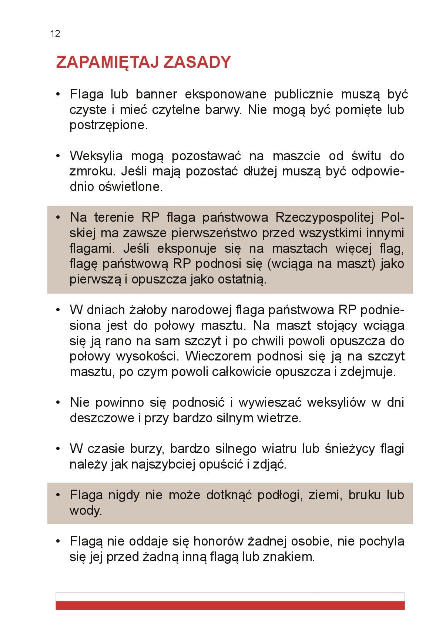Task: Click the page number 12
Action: click(55, 34)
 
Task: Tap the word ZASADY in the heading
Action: click(197, 62)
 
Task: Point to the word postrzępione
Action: click(108, 125)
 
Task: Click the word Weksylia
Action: click(96, 156)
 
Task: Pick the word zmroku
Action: click(88, 171)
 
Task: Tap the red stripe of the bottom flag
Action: click(230, 605)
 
